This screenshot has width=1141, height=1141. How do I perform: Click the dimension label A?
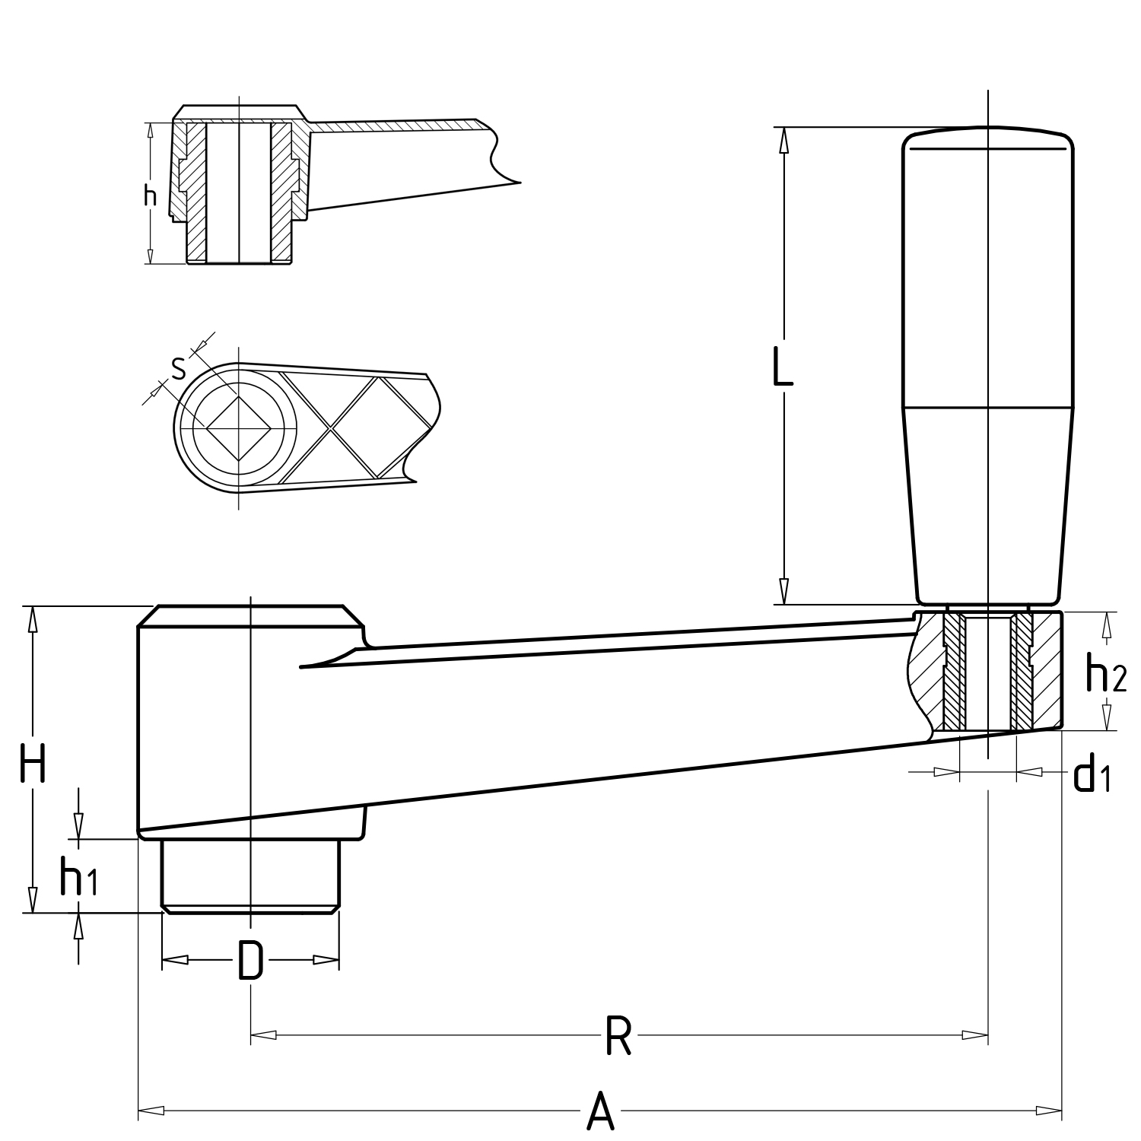pos(600,1111)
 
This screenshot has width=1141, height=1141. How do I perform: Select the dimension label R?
pos(618,1035)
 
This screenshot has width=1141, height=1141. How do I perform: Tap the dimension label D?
pos(250,960)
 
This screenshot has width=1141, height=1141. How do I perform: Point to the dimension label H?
pos(33,764)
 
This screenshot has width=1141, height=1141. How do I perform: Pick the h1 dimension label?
pos(78,878)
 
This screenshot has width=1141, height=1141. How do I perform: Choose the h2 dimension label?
pos(1105,675)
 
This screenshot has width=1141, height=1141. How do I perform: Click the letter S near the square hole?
pos(179,369)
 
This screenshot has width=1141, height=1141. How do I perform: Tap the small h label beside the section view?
pos(151,196)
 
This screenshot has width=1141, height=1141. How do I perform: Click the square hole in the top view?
pos(239,428)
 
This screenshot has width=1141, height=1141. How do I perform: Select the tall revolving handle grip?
pos(987,365)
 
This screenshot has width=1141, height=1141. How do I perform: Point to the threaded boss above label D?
pos(250,875)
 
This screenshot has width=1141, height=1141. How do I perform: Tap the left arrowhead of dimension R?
pos(262,1035)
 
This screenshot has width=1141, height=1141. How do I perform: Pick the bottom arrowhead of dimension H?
pos(33,900)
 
